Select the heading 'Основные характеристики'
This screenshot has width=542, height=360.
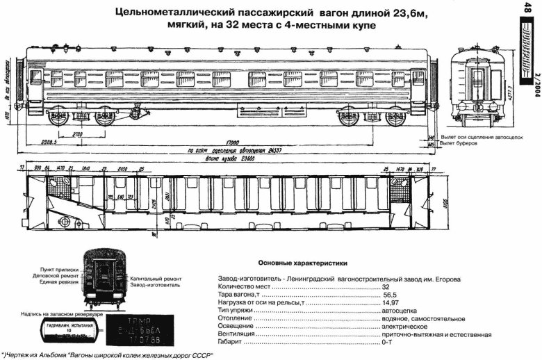coord(302,263)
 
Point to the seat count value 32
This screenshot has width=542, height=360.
coord(386,286)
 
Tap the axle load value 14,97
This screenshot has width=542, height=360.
coord(391,303)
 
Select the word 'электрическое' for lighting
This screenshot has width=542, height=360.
coord(404,327)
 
